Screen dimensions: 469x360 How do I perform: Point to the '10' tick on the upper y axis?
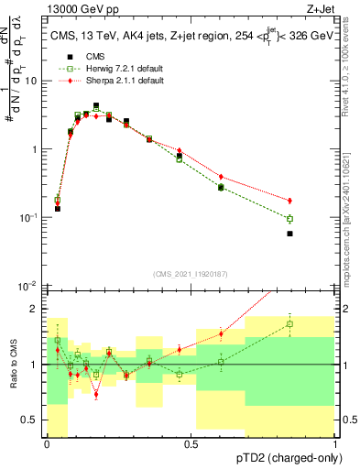(32, 81)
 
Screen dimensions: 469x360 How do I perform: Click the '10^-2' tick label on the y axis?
(29, 286)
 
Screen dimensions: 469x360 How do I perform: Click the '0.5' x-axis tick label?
(191, 444)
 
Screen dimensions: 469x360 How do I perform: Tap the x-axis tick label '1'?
(334, 444)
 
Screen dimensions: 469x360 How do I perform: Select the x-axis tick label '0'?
(47, 444)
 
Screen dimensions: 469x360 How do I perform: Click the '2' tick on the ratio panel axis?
(36, 309)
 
